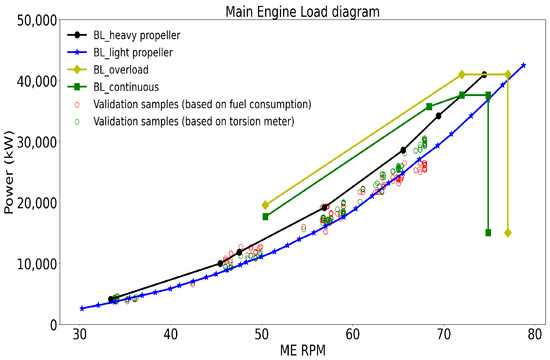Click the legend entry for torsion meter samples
tap(206, 123)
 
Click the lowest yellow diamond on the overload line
tap(508, 233)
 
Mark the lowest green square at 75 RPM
tap(488, 233)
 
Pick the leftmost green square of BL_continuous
tap(265, 216)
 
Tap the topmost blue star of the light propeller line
tap(523, 66)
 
